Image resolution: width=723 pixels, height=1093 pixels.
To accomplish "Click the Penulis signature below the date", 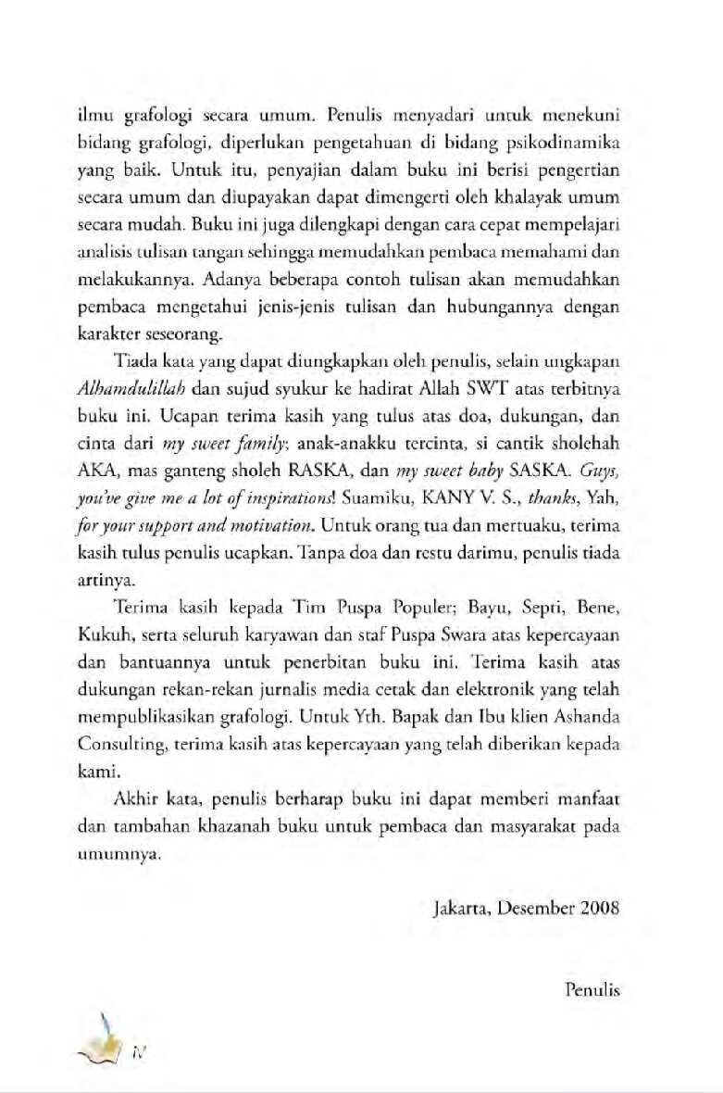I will pos(592,989).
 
